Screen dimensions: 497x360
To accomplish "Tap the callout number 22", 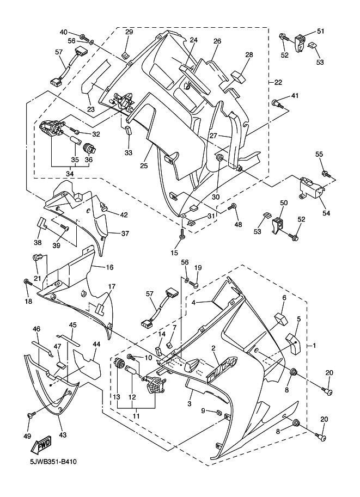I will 278,82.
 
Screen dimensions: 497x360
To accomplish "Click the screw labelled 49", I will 32,415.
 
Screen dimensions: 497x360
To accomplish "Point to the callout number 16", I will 109,267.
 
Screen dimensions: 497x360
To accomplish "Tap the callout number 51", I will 320,32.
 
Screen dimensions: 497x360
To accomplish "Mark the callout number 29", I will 129,32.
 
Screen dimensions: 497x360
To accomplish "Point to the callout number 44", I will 96,344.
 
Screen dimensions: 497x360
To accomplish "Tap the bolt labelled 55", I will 326,174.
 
